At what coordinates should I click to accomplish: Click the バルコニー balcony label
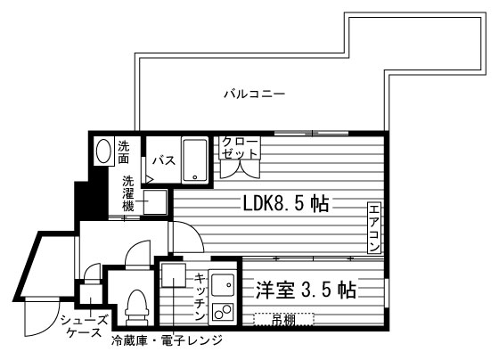click(x=254, y=94)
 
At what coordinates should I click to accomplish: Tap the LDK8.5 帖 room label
click(x=286, y=204)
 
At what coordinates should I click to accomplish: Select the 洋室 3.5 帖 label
click(x=306, y=290)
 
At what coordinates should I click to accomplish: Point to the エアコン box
click(x=374, y=227)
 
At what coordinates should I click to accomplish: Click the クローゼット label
click(x=240, y=147)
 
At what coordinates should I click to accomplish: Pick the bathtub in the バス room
click(x=195, y=160)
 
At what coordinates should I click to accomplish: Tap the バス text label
click(x=164, y=160)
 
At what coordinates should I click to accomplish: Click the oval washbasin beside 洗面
click(x=103, y=151)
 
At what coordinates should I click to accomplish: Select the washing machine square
click(x=155, y=202)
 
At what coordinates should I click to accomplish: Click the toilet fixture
click(x=137, y=307)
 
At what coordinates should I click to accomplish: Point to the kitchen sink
click(x=223, y=285)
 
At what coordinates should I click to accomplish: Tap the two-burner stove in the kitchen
click(x=223, y=312)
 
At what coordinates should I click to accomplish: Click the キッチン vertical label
click(x=200, y=297)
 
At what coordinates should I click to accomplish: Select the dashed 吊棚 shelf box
click(x=284, y=320)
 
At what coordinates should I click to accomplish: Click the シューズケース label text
click(x=85, y=326)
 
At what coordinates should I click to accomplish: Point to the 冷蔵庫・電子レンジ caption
click(x=168, y=340)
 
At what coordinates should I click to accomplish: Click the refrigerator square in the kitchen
click(x=174, y=275)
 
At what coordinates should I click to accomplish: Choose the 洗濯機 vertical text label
click(x=128, y=194)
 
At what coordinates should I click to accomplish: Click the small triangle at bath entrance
click(x=149, y=179)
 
